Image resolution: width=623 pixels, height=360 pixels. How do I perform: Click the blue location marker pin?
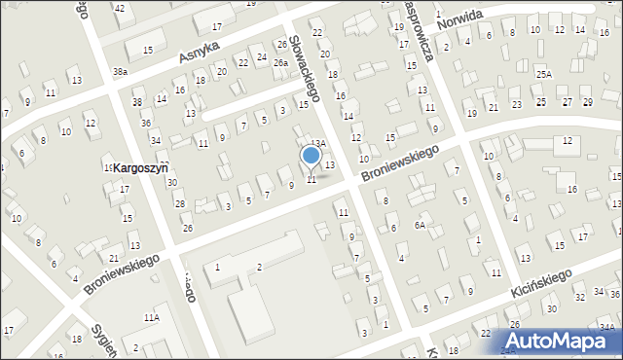[x=311, y=156]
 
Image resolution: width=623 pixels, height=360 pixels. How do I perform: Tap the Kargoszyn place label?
[x=140, y=168]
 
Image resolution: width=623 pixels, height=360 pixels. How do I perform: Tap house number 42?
[x=120, y=8]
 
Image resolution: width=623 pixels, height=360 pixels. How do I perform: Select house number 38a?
[x=120, y=72]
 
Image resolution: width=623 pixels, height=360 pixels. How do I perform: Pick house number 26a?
[x=280, y=63]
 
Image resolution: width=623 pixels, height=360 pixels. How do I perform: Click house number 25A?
[x=543, y=74]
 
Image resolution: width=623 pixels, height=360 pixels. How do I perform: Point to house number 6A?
[x=420, y=225]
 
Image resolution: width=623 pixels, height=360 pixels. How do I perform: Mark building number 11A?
[x=151, y=317]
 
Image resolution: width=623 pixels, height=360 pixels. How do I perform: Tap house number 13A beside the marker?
[x=317, y=143]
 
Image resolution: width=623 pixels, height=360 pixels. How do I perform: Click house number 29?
[x=587, y=102]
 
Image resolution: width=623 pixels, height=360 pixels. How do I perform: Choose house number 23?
[x=516, y=104]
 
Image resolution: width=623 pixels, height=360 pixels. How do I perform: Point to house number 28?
[x=179, y=203]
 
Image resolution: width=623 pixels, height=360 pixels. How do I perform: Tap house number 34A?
[x=606, y=327]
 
